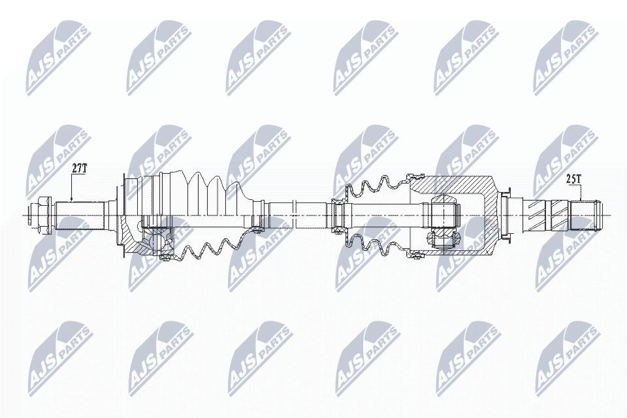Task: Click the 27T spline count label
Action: click(79, 169)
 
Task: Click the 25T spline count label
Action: click(574, 177)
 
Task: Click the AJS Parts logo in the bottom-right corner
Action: click(566, 357)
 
